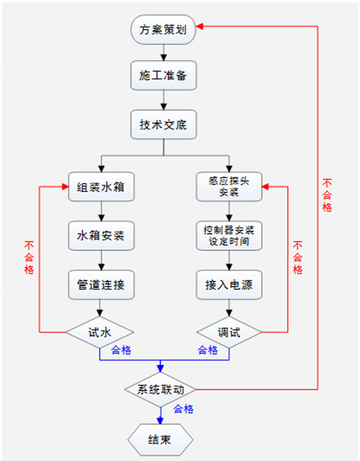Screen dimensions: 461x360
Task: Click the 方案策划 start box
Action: pyautogui.click(x=162, y=32)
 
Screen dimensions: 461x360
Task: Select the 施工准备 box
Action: pyautogui.click(x=162, y=78)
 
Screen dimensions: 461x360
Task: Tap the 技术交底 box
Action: pyautogui.click(x=162, y=124)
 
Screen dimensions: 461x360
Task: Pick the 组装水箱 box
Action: pyautogui.click(x=100, y=186)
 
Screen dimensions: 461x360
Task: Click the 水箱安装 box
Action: pyautogui.click(x=100, y=235)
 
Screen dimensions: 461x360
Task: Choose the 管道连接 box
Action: pyautogui.click(x=100, y=284)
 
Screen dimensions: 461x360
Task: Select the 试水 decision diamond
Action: pyautogui.click(x=100, y=332)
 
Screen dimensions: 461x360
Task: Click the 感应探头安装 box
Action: pyautogui.click(x=228, y=186)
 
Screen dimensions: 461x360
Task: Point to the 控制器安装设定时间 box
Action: pyautogui.click(x=228, y=235)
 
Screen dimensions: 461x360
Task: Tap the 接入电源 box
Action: pyautogui.click(x=228, y=284)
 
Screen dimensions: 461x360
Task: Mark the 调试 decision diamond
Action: pyautogui.click(x=228, y=332)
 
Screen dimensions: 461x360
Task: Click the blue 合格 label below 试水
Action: pyautogui.click(x=121, y=350)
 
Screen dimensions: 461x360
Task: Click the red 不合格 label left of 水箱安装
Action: pyautogui.click(x=28, y=258)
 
